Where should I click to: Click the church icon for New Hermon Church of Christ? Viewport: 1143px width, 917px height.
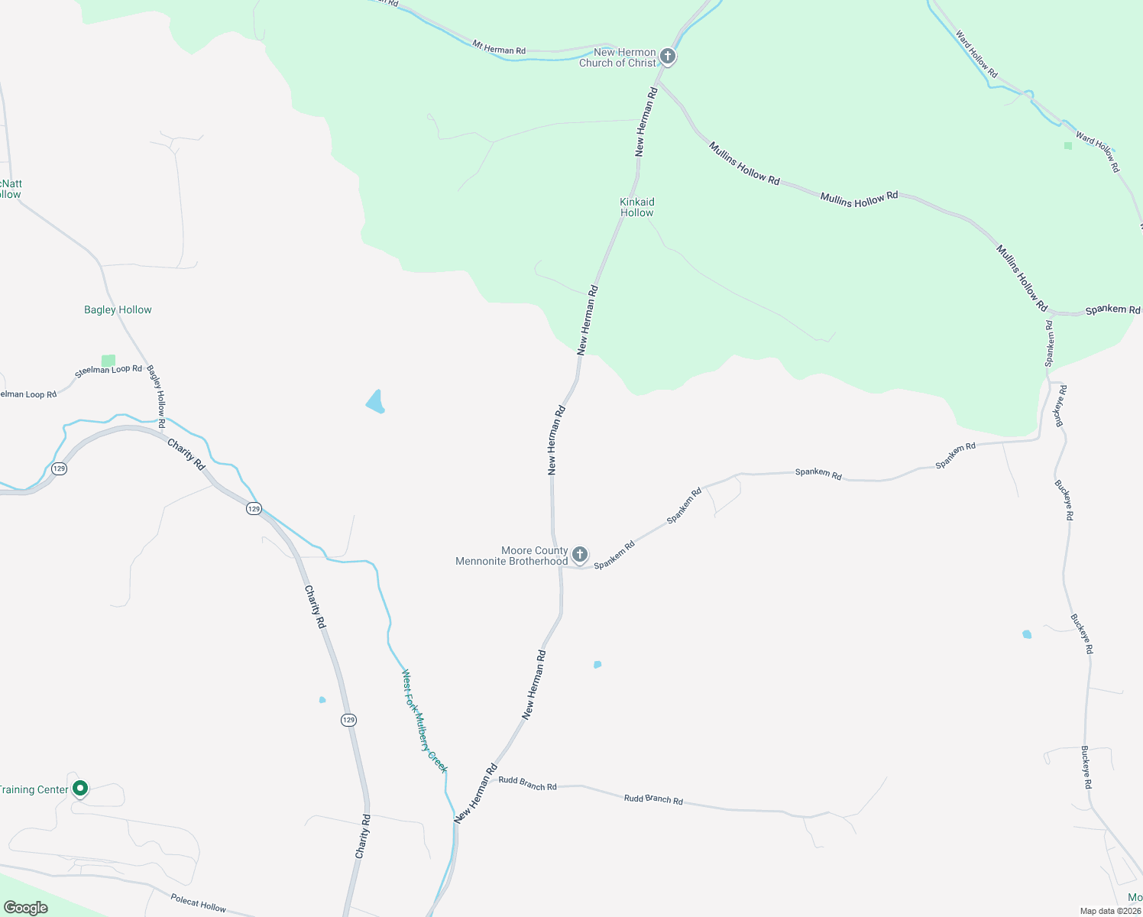pos(668,57)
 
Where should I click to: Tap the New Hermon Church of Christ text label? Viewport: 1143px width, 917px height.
pos(617,58)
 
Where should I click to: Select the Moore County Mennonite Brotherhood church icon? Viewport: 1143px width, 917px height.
pos(580,554)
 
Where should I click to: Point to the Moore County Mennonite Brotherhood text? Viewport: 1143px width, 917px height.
pos(512,556)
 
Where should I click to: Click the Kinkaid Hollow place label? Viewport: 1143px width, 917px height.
pos(636,207)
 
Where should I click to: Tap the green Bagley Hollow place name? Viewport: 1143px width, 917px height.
pos(118,309)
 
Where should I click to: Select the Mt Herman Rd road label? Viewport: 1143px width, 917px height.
pos(499,48)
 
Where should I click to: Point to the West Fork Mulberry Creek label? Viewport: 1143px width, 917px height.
pos(424,721)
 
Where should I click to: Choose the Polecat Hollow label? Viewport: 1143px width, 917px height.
pos(198,903)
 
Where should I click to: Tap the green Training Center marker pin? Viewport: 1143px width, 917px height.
pos(80,789)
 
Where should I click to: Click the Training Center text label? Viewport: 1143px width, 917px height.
pos(34,789)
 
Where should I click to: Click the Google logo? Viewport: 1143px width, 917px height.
pos(25,908)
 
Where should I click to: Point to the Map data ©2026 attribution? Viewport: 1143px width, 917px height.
pos(1109,911)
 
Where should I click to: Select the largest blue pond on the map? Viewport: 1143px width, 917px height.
pos(375,401)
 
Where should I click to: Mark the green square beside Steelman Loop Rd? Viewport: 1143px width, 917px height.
pos(108,360)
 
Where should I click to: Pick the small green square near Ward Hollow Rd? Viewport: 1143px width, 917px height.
pos(1068,145)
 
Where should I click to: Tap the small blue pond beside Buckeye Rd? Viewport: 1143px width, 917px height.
pos(1027,634)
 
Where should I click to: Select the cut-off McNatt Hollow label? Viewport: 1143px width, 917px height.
pos(11,189)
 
